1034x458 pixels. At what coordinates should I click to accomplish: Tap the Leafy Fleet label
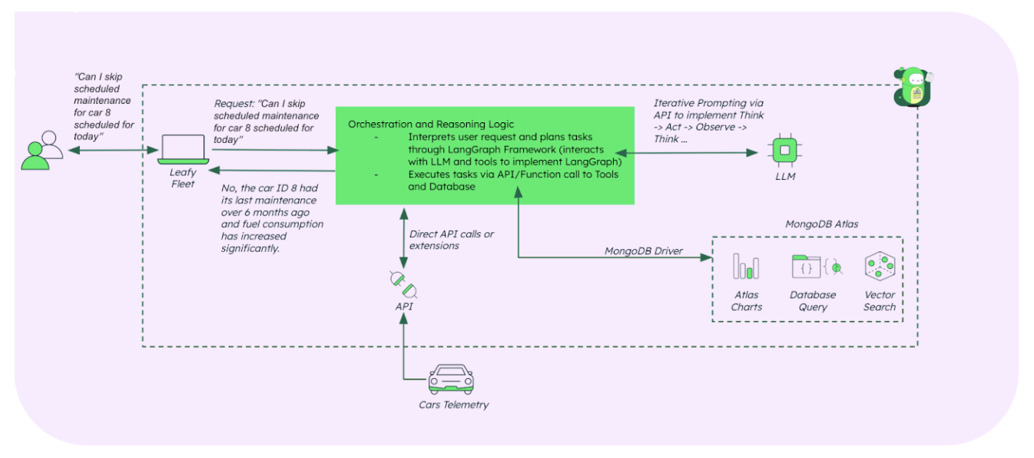(x=183, y=178)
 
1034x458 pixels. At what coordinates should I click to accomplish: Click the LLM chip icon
(x=784, y=151)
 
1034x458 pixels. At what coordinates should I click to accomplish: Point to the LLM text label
(x=785, y=177)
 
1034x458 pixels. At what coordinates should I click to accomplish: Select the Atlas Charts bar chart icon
(x=746, y=266)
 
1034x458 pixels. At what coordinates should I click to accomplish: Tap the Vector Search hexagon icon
(x=879, y=266)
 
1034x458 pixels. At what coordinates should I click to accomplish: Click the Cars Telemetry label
(x=453, y=405)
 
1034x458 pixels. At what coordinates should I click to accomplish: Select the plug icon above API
(x=403, y=286)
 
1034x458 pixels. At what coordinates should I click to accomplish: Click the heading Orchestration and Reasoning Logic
(x=431, y=124)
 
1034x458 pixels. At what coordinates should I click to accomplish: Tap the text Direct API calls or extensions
(x=451, y=239)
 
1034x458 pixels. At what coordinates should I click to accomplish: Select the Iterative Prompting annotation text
(x=708, y=121)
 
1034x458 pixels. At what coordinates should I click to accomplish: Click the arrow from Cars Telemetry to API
(x=403, y=346)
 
